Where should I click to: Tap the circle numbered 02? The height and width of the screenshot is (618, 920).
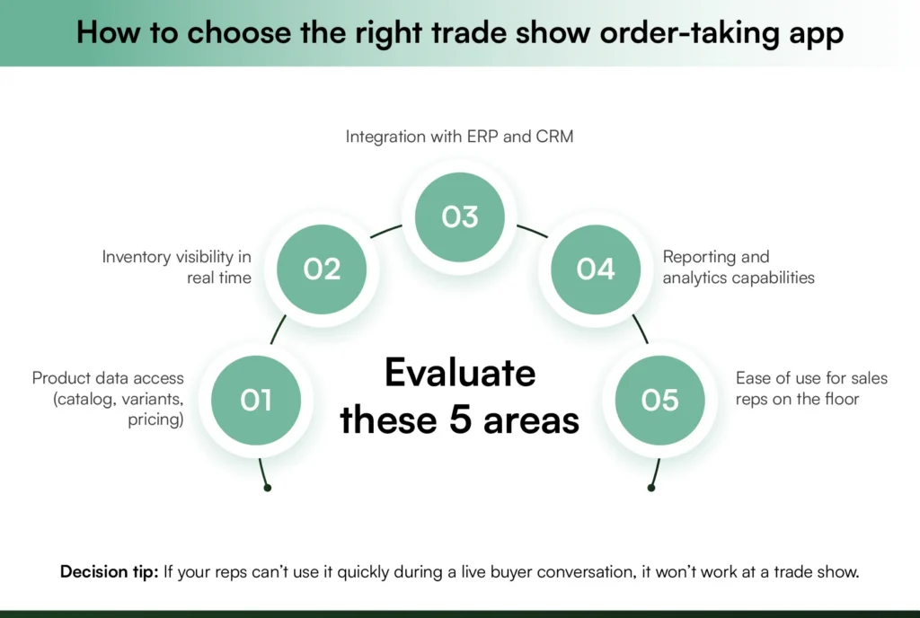click(x=322, y=269)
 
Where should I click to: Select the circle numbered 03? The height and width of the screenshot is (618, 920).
click(x=460, y=216)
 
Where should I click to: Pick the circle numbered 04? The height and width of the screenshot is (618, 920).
click(x=596, y=269)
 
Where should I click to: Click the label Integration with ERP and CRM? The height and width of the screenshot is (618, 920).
click(x=460, y=137)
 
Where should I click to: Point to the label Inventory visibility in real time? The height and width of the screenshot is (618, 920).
click(x=177, y=267)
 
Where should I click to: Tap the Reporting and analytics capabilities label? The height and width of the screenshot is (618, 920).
click(x=739, y=267)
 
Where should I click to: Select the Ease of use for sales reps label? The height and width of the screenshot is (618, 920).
click(x=811, y=387)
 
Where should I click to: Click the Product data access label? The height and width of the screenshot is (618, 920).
click(x=108, y=399)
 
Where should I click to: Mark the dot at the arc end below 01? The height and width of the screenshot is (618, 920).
click(x=268, y=488)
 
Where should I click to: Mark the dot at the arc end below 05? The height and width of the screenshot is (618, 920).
click(x=651, y=488)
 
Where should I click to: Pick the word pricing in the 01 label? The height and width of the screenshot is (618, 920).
click(x=155, y=419)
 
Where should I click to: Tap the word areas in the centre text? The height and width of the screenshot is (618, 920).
click(x=535, y=419)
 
